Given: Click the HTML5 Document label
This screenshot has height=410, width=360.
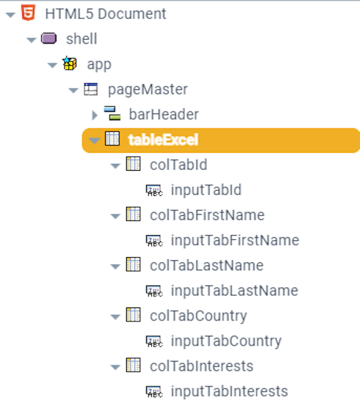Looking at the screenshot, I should [106, 14].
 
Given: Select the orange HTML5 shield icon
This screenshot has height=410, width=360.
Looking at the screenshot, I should [28, 13].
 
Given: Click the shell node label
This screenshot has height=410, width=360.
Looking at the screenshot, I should [82, 39].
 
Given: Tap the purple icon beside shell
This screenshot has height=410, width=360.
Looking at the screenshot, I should [49, 38].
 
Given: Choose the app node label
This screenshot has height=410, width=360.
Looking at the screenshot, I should [99, 64].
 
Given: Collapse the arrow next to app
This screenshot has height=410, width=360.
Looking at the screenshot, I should [52, 65].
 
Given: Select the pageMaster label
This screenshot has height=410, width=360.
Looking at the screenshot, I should [148, 89].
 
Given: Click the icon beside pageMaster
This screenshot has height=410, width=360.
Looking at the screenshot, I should [90, 89].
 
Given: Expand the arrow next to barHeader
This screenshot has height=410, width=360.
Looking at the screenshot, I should [94, 115].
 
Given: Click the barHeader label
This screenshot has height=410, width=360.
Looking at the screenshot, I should [164, 114].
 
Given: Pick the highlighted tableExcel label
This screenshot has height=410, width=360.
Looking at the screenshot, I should [163, 139].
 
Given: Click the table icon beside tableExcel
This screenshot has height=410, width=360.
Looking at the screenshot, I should [112, 139].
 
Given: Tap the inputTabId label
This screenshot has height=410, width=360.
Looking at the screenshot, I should [206, 190].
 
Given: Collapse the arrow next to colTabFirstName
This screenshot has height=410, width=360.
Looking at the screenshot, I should [115, 216].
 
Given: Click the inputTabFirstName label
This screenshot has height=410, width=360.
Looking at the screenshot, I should [235, 240].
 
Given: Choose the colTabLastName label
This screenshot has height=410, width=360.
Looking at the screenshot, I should [207, 265].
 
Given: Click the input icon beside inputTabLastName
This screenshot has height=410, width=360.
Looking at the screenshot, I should [154, 291].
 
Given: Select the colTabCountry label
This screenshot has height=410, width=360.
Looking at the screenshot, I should [198, 315].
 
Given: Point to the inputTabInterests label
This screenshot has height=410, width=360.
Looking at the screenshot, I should [229, 391].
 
